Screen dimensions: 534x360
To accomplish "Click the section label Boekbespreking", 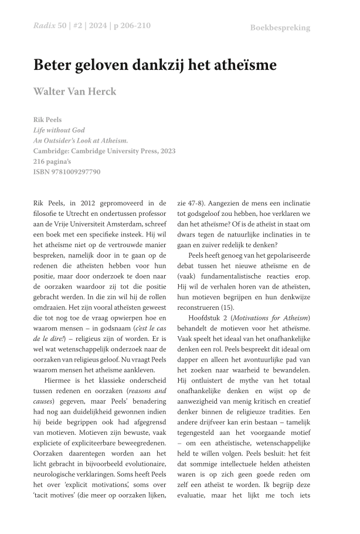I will click(x=280, y=28).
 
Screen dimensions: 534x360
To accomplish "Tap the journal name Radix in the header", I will click(x=44, y=26).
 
